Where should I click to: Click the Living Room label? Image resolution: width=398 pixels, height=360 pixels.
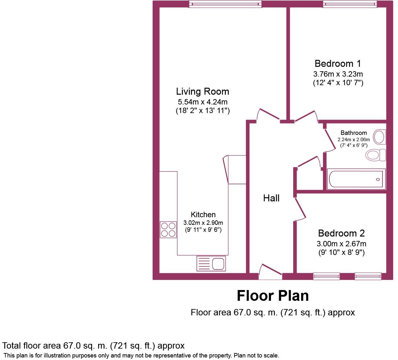(x=202, y=92)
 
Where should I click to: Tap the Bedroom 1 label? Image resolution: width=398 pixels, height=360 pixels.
(x=338, y=64)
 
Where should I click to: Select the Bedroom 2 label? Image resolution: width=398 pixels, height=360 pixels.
(x=341, y=233)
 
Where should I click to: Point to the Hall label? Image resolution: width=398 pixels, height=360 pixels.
(x=271, y=198)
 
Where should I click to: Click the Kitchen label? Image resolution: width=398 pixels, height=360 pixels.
(x=203, y=215)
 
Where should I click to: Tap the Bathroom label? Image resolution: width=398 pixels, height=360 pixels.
(x=354, y=133)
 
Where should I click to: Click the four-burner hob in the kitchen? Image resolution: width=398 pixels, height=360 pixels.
(x=168, y=230)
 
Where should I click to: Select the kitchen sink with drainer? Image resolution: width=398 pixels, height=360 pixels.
(x=211, y=263)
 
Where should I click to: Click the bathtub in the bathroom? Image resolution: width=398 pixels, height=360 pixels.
(x=356, y=179)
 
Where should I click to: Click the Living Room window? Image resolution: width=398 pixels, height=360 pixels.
(x=225, y=4)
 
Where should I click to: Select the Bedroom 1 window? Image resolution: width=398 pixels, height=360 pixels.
(x=350, y=4)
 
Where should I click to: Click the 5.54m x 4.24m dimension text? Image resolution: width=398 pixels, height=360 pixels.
(x=202, y=102)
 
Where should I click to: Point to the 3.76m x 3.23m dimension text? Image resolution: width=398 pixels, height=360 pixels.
(x=338, y=74)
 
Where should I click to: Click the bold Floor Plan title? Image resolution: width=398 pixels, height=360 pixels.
(x=273, y=296)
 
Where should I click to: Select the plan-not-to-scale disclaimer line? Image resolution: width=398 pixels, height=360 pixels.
(x=141, y=356)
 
